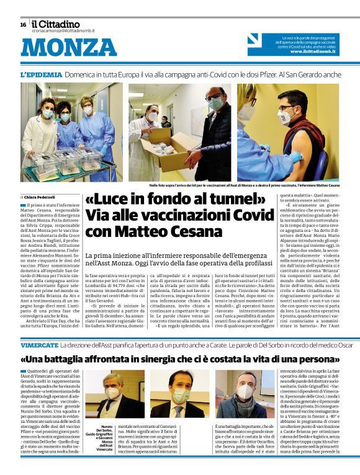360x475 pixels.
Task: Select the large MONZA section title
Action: point(60,48)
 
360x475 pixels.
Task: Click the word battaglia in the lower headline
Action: point(86,359)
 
